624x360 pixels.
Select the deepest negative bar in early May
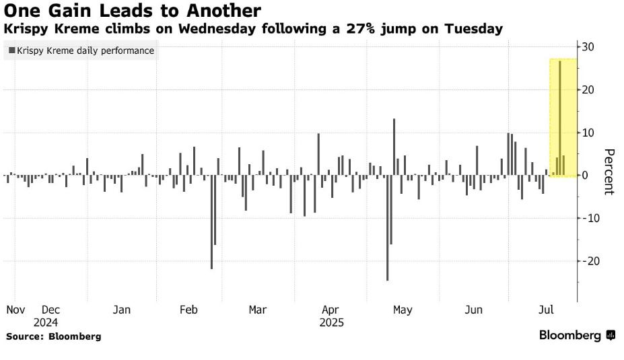click(x=387, y=229)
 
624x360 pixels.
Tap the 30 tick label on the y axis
click(x=588, y=46)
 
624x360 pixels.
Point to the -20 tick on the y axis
click(x=590, y=261)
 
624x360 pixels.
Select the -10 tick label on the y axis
click(x=590, y=218)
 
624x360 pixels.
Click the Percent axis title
click(x=608, y=172)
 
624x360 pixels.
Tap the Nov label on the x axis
click(x=15, y=310)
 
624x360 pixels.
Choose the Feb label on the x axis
click(x=188, y=310)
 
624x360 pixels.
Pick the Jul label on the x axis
click(x=547, y=310)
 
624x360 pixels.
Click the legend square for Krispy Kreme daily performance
click(x=11, y=50)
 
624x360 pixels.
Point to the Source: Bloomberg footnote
click(x=54, y=336)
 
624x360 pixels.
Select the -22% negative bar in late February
click(x=211, y=222)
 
